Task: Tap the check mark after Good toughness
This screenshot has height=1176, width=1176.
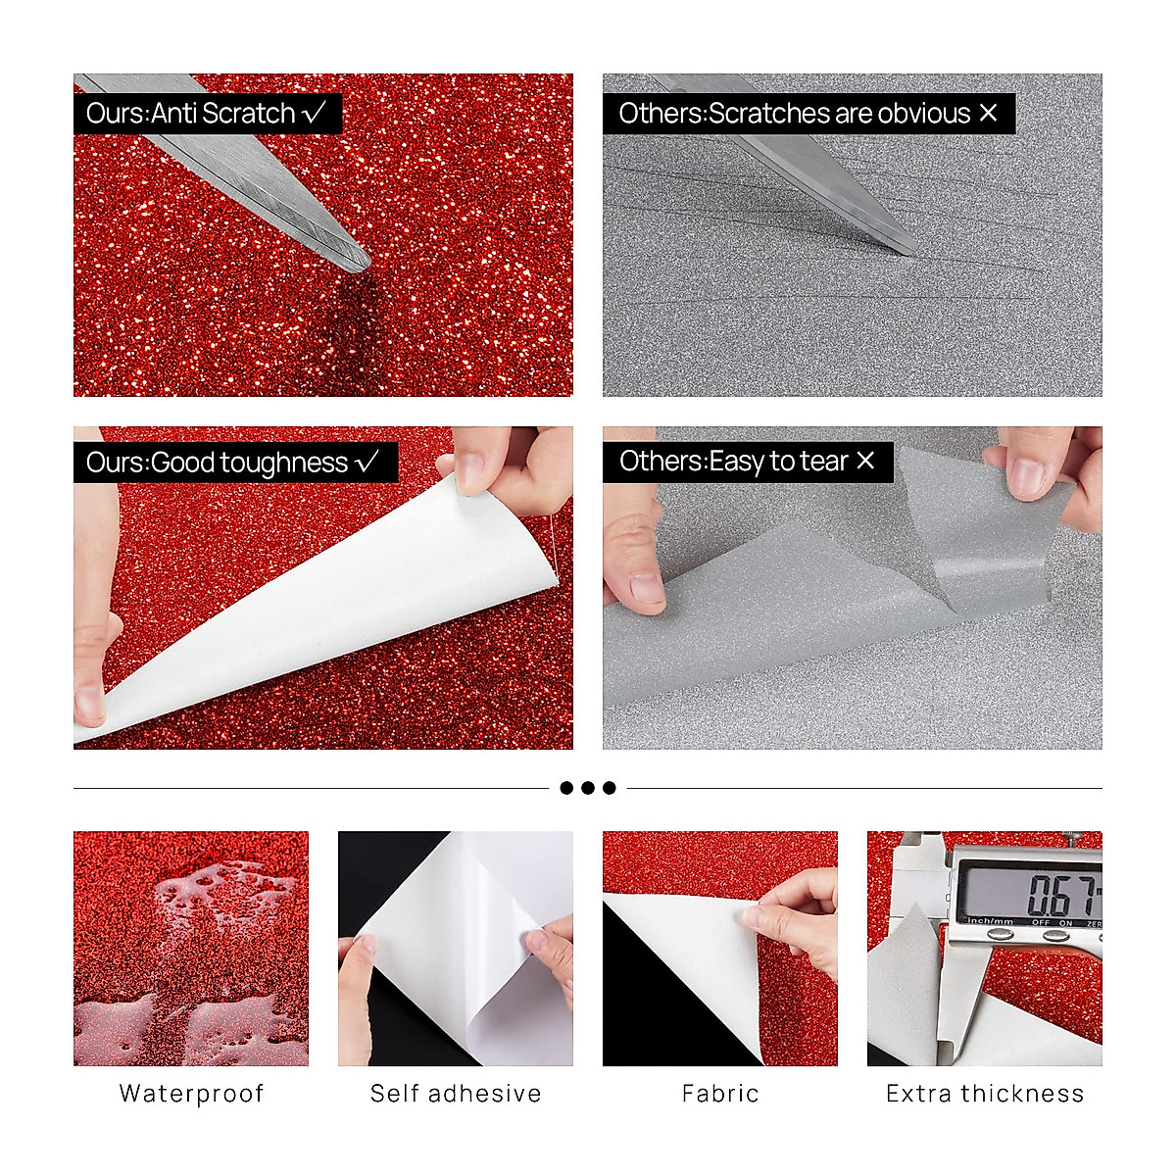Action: click(367, 462)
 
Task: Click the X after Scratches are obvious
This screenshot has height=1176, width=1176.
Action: click(988, 113)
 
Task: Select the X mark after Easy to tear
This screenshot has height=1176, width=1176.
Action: click(865, 461)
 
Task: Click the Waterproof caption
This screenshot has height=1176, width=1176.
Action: click(191, 1094)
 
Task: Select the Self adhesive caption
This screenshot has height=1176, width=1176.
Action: click(456, 1094)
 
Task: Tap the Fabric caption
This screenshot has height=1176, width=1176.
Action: click(720, 1094)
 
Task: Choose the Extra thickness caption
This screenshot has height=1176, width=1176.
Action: click(985, 1094)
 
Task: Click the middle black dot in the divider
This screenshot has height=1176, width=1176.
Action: click(588, 788)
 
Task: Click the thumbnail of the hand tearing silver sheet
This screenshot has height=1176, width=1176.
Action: click(852, 588)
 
